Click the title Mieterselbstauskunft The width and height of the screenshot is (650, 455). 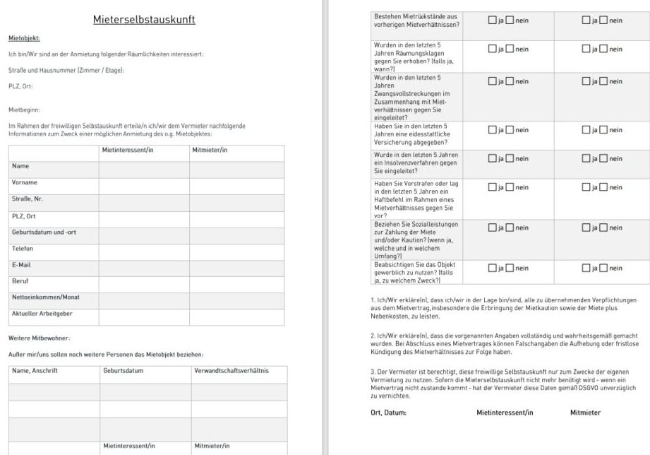(x=144, y=20)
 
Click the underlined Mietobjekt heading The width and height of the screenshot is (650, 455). (x=24, y=38)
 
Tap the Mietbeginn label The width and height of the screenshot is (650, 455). (x=24, y=110)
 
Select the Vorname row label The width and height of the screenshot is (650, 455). (x=25, y=182)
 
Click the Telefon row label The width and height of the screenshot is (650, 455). (x=23, y=249)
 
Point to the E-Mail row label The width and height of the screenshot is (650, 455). (x=21, y=265)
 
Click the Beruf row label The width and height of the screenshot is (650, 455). (x=20, y=281)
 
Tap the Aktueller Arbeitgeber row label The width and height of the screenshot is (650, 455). (x=42, y=313)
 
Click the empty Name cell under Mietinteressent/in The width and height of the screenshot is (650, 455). (x=143, y=167)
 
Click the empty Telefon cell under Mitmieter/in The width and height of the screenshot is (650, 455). (x=236, y=249)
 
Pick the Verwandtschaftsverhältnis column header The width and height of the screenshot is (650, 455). (x=230, y=370)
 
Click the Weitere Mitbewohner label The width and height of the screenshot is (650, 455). (x=40, y=338)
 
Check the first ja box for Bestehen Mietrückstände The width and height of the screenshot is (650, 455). (x=492, y=20)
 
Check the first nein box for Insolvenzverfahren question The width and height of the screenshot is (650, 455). (x=510, y=159)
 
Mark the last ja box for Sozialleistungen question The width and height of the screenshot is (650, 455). (x=586, y=228)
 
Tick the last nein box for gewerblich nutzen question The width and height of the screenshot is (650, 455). (x=603, y=268)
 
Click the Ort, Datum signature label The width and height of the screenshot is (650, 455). (x=388, y=413)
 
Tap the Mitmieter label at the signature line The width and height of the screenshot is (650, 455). (x=586, y=413)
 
